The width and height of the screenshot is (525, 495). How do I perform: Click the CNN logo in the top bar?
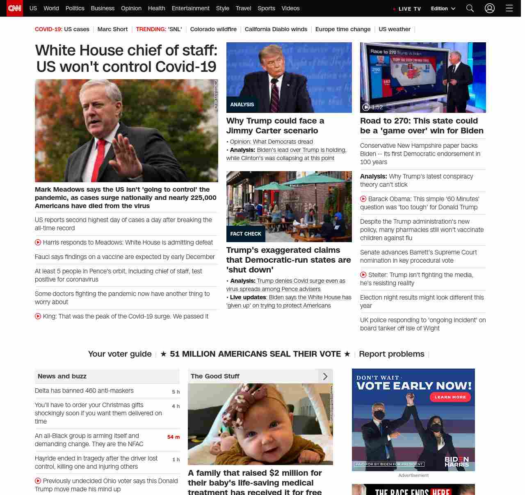tap(15, 8)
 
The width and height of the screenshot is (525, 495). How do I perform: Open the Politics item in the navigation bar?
tap(75, 8)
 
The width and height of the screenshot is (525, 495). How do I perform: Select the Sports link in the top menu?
tap(266, 8)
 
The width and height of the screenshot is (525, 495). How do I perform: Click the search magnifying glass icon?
tap(470, 8)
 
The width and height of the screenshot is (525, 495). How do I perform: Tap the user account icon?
tap(490, 8)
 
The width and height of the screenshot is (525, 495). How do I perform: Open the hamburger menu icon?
tap(509, 8)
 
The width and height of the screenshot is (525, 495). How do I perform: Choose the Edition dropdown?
tap(443, 8)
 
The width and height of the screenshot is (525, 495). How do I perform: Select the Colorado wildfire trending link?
tap(213, 29)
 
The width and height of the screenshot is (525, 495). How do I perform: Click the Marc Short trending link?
tap(112, 29)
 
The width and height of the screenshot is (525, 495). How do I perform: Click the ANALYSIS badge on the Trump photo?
tap(242, 105)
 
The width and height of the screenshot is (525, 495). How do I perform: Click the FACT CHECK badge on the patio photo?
tap(246, 234)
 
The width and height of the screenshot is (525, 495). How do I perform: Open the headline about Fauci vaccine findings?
tap(125, 257)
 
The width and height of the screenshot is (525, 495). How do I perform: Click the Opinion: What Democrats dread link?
tap(271, 142)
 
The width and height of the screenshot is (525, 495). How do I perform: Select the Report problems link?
tap(391, 354)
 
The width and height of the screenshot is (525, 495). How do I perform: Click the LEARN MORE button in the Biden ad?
tap(450, 397)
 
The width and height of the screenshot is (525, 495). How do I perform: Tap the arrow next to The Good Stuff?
tap(325, 376)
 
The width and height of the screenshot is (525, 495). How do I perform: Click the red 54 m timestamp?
tap(173, 437)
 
